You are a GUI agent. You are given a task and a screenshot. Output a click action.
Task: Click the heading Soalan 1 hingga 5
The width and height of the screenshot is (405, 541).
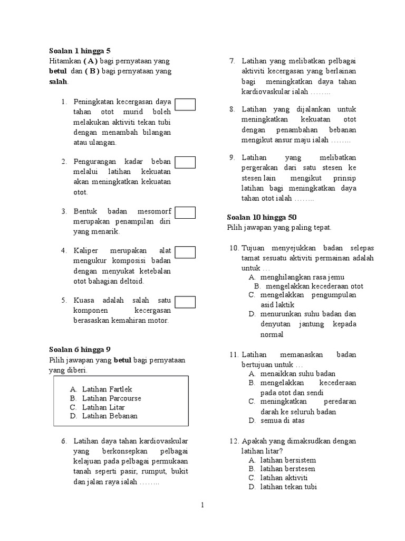click(80, 51)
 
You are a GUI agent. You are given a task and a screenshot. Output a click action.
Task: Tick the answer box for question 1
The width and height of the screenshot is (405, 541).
click(185, 105)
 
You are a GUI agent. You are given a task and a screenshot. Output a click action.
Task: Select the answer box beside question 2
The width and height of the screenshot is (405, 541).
click(185, 162)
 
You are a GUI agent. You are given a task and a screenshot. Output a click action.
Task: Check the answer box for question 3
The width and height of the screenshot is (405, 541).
click(185, 212)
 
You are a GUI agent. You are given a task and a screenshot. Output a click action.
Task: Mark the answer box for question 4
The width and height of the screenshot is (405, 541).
click(185, 252)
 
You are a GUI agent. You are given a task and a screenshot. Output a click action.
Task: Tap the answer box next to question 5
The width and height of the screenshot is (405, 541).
click(185, 302)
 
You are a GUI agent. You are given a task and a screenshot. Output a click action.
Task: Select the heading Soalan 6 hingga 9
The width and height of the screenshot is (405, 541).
click(80, 349)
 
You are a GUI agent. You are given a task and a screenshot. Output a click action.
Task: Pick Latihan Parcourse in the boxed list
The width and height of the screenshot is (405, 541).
click(111, 398)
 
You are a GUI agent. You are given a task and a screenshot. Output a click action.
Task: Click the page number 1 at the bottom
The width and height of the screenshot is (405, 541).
click(202, 506)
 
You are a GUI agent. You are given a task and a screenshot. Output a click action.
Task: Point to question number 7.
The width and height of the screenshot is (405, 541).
click(232, 62)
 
